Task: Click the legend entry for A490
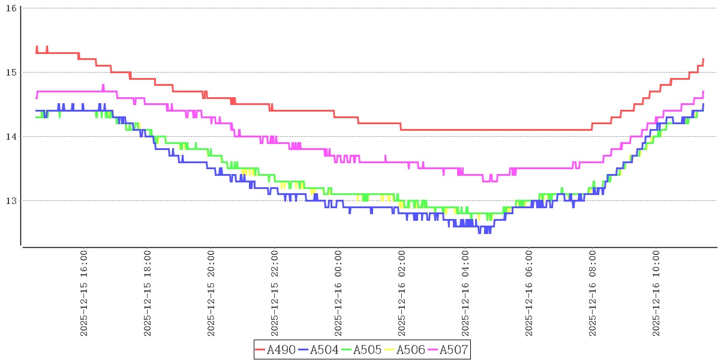click(x=281, y=350)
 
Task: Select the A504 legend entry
click(x=325, y=350)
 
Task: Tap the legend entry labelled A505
click(x=368, y=350)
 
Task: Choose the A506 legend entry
click(x=411, y=350)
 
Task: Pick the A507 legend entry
click(x=454, y=350)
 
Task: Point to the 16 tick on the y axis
click(x=12, y=8)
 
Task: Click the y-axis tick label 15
click(x=12, y=72)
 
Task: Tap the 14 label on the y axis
click(x=12, y=136)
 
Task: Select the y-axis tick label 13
click(x=12, y=200)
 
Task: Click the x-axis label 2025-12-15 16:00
click(x=84, y=294)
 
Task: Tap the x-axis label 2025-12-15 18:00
click(x=148, y=294)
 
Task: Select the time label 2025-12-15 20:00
click(x=211, y=294)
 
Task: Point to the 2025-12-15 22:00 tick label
click(x=275, y=294)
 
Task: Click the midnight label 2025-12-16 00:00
click(x=338, y=294)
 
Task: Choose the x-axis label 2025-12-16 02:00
click(x=402, y=294)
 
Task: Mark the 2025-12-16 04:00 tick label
click(x=465, y=294)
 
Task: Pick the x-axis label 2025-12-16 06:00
click(x=529, y=294)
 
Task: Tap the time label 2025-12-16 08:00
click(x=593, y=294)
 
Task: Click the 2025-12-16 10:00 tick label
click(x=656, y=294)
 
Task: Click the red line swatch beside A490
click(x=260, y=350)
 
